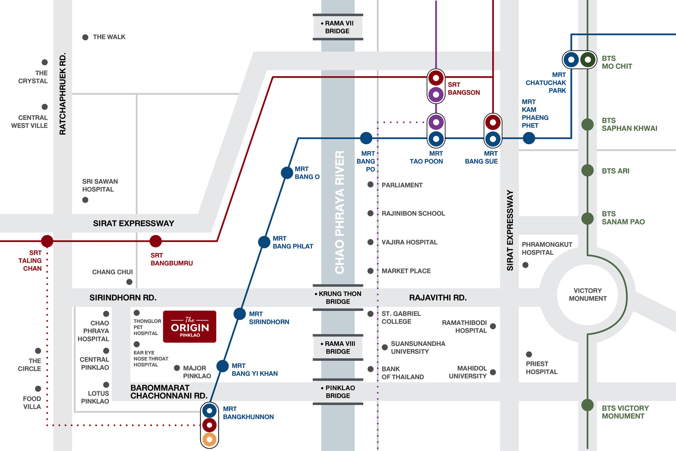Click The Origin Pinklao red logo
click(190, 327)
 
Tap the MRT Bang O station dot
click(287, 173)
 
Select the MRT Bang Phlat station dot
click(264, 242)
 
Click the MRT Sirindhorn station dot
click(240, 314)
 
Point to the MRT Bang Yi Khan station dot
click(223, 366)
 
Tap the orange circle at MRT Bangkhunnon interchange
click(210, 439)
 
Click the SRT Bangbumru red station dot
click(156, 241)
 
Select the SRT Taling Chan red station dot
click(47, 241)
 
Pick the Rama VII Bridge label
click(338, 27)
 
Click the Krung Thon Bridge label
click(338, 298)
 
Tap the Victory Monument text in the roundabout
click(588, 295)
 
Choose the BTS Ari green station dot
click(588, 170)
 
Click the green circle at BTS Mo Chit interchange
click(588, 60)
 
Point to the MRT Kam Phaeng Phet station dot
click(529, 138)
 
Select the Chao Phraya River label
click(340, 212)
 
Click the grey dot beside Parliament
click(370, 184)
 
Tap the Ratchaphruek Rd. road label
click(63, 94)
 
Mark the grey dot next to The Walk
click(86, 37)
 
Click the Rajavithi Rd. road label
click(438, 298)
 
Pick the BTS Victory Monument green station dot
click(588, 405)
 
